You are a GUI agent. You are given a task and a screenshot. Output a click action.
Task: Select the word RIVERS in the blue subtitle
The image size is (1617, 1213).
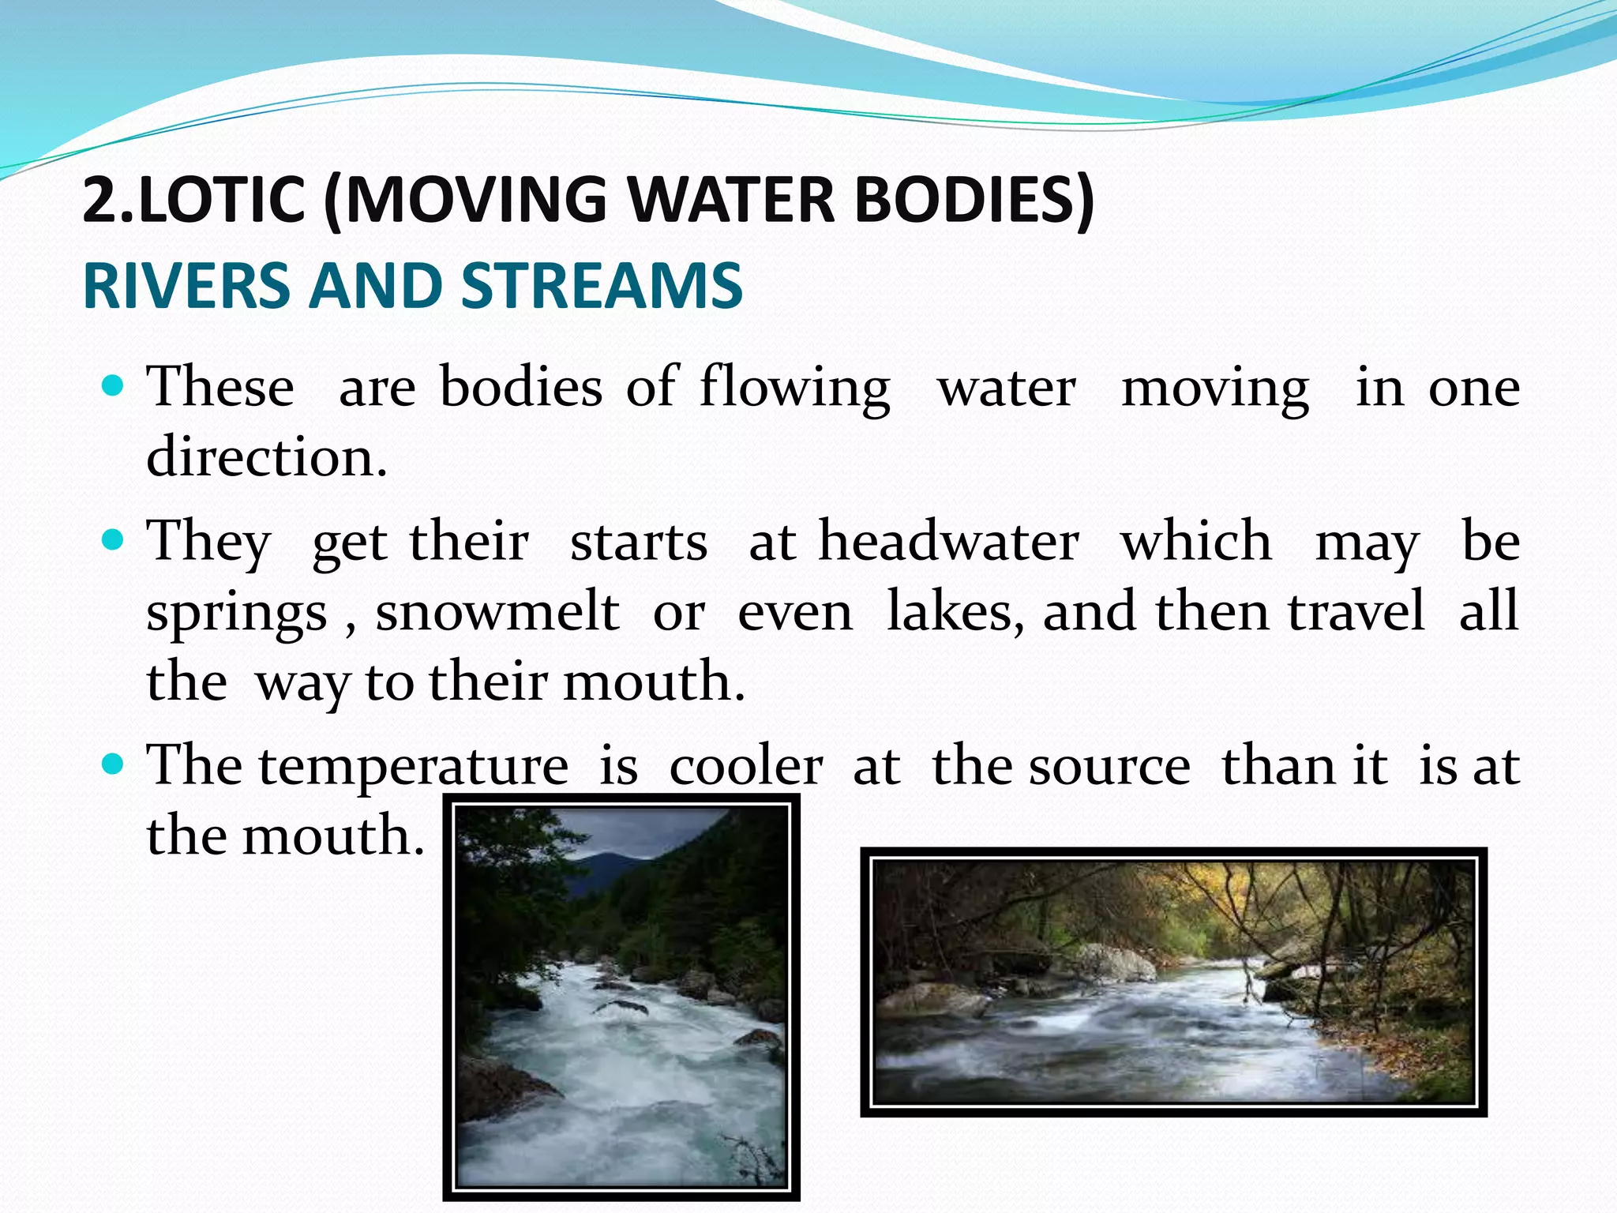point(186,286)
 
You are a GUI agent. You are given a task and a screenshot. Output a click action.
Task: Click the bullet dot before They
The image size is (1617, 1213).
point(114,541)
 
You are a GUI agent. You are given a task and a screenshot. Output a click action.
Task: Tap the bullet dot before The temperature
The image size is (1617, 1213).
point(114,764)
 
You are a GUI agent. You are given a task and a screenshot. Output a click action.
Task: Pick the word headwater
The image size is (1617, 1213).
point(948,542)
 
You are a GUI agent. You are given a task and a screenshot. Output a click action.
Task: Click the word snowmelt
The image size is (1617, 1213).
point(497,611)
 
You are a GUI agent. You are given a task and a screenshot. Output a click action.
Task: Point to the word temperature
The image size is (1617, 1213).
point(413,766)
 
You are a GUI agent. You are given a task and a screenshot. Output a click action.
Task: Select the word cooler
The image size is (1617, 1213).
point(746,766)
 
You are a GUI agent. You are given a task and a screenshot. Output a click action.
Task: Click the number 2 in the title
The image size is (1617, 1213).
point(99,199)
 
